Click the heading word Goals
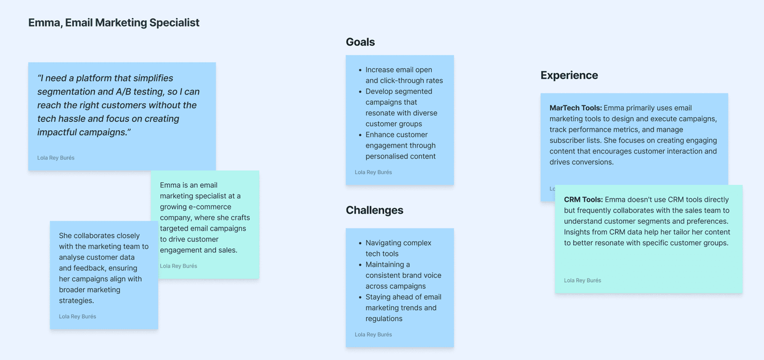point(360,42)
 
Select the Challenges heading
point(374,210)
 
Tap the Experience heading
point(569,75)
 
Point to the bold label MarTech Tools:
point(576,108)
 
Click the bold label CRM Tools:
point(583,200)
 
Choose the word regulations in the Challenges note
point(384,319)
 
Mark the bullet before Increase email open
point(360,70)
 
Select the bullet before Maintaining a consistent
point(360,265)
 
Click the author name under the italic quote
point(55,158)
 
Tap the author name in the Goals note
point(373,173)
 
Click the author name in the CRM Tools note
point(582,280)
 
